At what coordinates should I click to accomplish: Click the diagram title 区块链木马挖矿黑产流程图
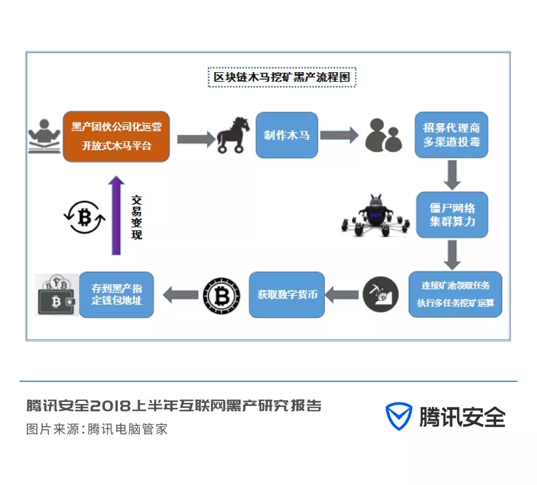[282, 78]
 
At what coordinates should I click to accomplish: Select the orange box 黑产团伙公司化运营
[116, 136]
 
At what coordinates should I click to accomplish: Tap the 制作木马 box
[286, 135]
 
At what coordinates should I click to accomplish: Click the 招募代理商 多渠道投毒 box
[451, 135]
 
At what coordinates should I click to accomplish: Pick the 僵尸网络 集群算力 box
[452, 215]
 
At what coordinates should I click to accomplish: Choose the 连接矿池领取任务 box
[455, 294]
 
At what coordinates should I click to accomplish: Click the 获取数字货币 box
[287, 294]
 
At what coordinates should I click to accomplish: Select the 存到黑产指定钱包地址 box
[116, 294]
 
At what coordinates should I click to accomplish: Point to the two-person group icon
[383, 135]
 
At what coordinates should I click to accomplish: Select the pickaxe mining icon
[380, 294]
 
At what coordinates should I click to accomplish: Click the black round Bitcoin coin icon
[221, 295]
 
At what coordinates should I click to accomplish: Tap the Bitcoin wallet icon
[57, 295]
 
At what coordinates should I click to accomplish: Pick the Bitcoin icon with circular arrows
[84, 216]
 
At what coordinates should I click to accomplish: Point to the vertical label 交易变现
[137, 217]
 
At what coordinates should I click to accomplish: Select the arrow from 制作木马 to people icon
[339, 135]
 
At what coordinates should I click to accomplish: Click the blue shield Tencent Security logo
[399, 416]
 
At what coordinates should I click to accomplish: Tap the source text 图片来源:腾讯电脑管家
[97, 429]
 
